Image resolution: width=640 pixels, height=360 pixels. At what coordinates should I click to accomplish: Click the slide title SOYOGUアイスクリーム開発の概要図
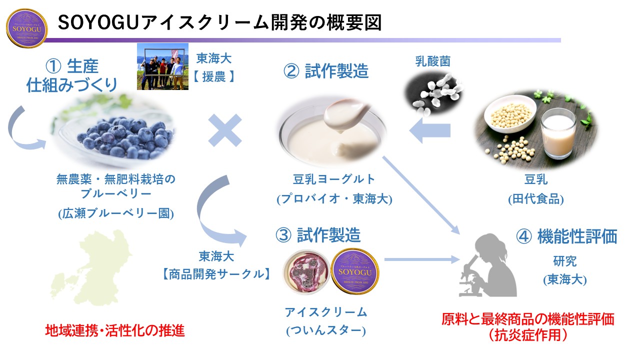point(220,22)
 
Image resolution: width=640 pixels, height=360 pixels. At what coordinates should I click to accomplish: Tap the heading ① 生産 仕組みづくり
point(71,75)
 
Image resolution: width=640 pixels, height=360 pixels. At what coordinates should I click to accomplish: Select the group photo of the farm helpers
point(162,66)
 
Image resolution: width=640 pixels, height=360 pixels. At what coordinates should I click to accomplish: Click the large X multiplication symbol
point(224,130)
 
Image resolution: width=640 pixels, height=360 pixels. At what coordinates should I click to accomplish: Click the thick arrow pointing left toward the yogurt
point(429,131)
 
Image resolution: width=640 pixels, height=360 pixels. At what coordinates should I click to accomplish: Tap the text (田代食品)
point(535,199)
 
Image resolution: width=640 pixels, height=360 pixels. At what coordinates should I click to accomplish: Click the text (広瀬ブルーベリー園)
point(115,213)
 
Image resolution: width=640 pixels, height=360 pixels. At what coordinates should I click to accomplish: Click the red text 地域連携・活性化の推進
point(115,331)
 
